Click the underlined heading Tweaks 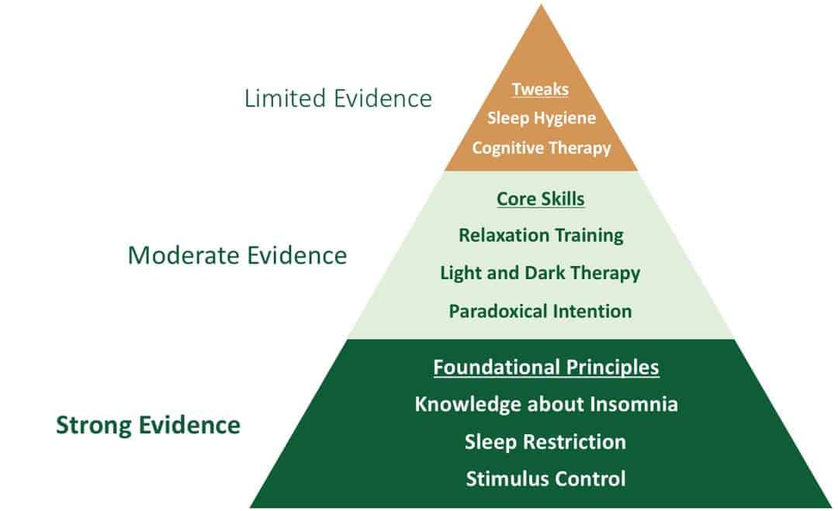coord(540,89)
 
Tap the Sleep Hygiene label coord(542,118)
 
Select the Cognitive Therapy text coord(542,148)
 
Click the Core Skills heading coord(540,199)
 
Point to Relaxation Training coord(541,236)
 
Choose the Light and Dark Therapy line coord(540,274)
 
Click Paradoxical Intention coord(540,311)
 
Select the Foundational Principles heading coord(546,368)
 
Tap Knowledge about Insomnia coord(546,404)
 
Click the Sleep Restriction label coord(545,442)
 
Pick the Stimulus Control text coord(545,479)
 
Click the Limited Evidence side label coord(338,98)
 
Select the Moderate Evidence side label coord(237,255)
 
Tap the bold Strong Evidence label coord(148,426)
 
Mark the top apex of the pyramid coord(542,5)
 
